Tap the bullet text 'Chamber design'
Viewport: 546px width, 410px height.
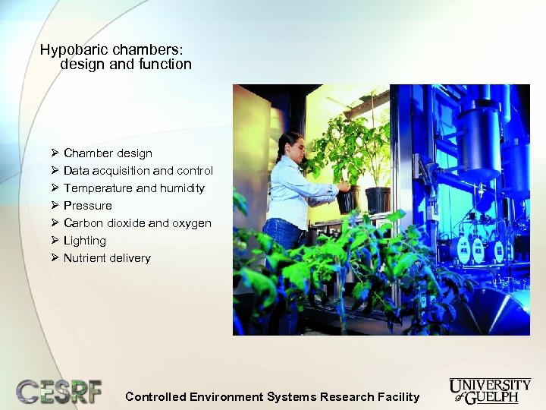click(108, 153)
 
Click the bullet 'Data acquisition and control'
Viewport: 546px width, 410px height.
click(138, 171)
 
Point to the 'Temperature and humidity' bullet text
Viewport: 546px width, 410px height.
click(133, 188)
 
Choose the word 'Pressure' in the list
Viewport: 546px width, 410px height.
click(87, 206)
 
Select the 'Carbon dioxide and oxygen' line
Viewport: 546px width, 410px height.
click(137, 223)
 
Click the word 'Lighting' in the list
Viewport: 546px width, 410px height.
click(84, 241)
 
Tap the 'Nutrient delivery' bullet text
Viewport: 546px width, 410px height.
click(107, 258)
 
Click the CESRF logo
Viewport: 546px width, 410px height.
click(58, 391)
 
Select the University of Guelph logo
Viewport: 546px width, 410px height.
click(490, 389)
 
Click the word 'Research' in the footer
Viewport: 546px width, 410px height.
click(347, 396)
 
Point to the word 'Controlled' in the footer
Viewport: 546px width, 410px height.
click(155, 396)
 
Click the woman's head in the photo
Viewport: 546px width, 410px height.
click(290, 145)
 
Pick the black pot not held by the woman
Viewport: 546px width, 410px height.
click(377, 200)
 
